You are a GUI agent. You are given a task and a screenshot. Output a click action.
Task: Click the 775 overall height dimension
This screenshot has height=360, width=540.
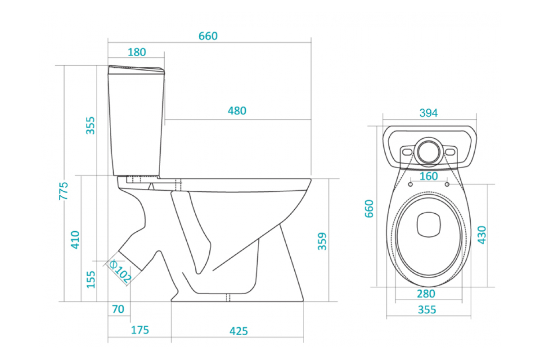coord(63,191)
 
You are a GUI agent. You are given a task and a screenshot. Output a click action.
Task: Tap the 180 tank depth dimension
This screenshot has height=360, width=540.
coord(137,52)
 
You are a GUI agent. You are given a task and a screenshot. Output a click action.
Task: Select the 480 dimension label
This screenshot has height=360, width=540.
coord(237,111)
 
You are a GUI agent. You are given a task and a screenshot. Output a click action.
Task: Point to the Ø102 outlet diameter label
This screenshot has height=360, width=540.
coord(120,271)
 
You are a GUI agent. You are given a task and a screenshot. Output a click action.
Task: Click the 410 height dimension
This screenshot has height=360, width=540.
coord(75,240)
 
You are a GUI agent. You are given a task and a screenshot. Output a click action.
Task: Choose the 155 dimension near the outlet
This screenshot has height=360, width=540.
coord(91,280)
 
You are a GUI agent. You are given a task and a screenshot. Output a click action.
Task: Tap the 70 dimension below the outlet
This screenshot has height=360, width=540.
coord(118,309)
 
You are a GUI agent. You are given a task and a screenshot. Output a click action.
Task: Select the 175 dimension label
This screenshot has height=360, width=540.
coord(140,330)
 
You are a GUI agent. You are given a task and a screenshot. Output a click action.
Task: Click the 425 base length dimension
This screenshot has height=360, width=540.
coord(238,331)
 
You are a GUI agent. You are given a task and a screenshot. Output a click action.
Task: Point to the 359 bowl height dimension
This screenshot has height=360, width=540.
coord(322,241)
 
